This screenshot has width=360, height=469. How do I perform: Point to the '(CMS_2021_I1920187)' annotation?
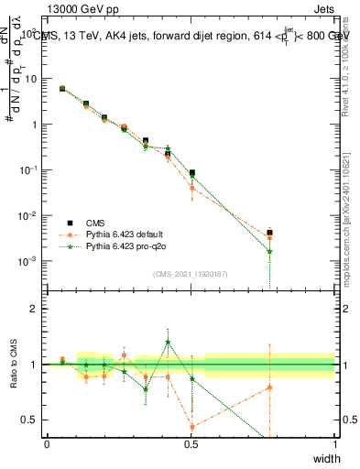pos(191,273)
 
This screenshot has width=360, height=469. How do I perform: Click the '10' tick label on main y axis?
pos(31,79)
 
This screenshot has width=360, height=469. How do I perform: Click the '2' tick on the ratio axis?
pos(35,309)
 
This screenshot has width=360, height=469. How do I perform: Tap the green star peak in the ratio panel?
pos(168,342)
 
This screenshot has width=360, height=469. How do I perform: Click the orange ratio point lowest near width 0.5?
pos(191,427)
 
